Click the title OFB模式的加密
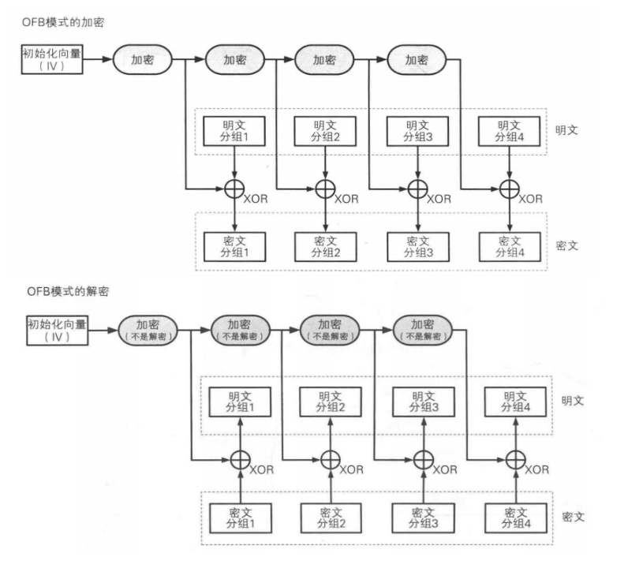tap(65, 23)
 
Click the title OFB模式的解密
tap(65, 292)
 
